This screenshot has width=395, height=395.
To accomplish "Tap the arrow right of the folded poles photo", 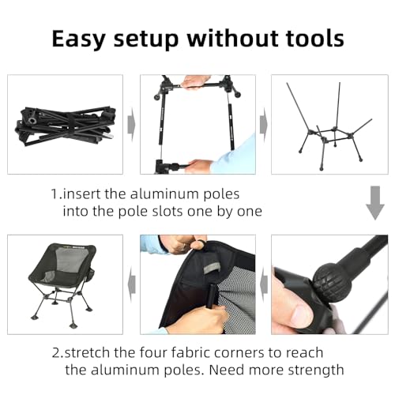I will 131,125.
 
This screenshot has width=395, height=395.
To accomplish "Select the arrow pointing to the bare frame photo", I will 263,125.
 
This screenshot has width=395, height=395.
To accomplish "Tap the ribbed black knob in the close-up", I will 325,282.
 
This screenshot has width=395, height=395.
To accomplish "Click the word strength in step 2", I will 320,370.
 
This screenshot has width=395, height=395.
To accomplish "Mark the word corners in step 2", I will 243,352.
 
